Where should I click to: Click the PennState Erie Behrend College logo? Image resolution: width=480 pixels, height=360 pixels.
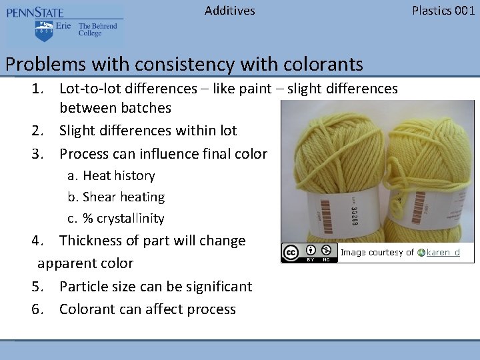tap(64, 25)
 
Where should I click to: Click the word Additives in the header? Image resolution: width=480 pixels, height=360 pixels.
tap(229, 11)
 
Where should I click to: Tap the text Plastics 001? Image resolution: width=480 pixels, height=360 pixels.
tap(443, 11)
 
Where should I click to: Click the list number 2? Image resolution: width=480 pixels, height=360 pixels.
tap(38, 131)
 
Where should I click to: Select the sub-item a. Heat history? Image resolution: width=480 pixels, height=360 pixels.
tap(111, 176)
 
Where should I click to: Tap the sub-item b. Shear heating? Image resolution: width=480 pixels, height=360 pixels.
tap(116, 197)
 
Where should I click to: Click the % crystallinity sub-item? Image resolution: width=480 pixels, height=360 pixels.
tap(116, 219)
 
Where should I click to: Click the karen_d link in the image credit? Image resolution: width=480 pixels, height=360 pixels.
tap(443, 253)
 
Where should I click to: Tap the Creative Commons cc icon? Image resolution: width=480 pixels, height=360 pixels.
tap(291, 253)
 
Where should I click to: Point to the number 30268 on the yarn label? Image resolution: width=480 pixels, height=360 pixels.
tap(353, 214)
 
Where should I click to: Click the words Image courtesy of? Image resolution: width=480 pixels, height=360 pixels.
tap(377, 253)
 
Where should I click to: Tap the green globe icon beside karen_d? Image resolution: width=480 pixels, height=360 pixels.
tap(421, 253)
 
